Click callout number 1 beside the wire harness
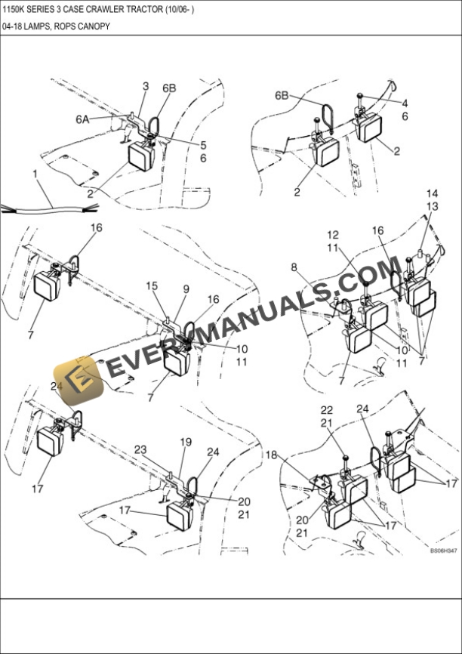[35, 174]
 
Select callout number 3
[145, 87]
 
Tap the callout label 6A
[82, 119]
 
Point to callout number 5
[202, 145]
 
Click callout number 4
[405, 103]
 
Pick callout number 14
[433, 193]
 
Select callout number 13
[433, 206]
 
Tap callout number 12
[333, 235]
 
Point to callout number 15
[152, 285]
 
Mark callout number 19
[186, 442]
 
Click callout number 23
[140, 449]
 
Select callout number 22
[326, 409]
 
